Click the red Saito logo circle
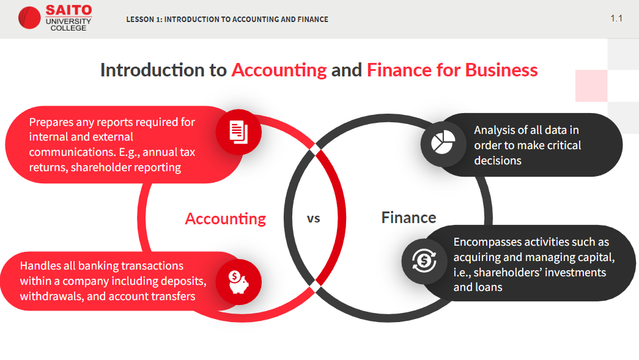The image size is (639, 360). [29, 18]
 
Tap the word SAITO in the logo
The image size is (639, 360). [68, 10]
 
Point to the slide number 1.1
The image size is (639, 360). [616, 18]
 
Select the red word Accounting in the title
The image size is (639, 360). [279, 70]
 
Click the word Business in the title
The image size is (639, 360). [501, 70]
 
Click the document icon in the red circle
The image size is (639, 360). [238, 132]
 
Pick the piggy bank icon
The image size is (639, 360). [238, 282]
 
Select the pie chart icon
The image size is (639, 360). [443, 142]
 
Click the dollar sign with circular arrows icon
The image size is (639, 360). [424, 260]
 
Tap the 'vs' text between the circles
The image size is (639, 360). [314, 219]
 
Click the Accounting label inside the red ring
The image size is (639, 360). [226, 219]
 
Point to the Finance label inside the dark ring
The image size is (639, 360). [408, 218]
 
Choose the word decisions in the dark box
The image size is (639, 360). [498, 161]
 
